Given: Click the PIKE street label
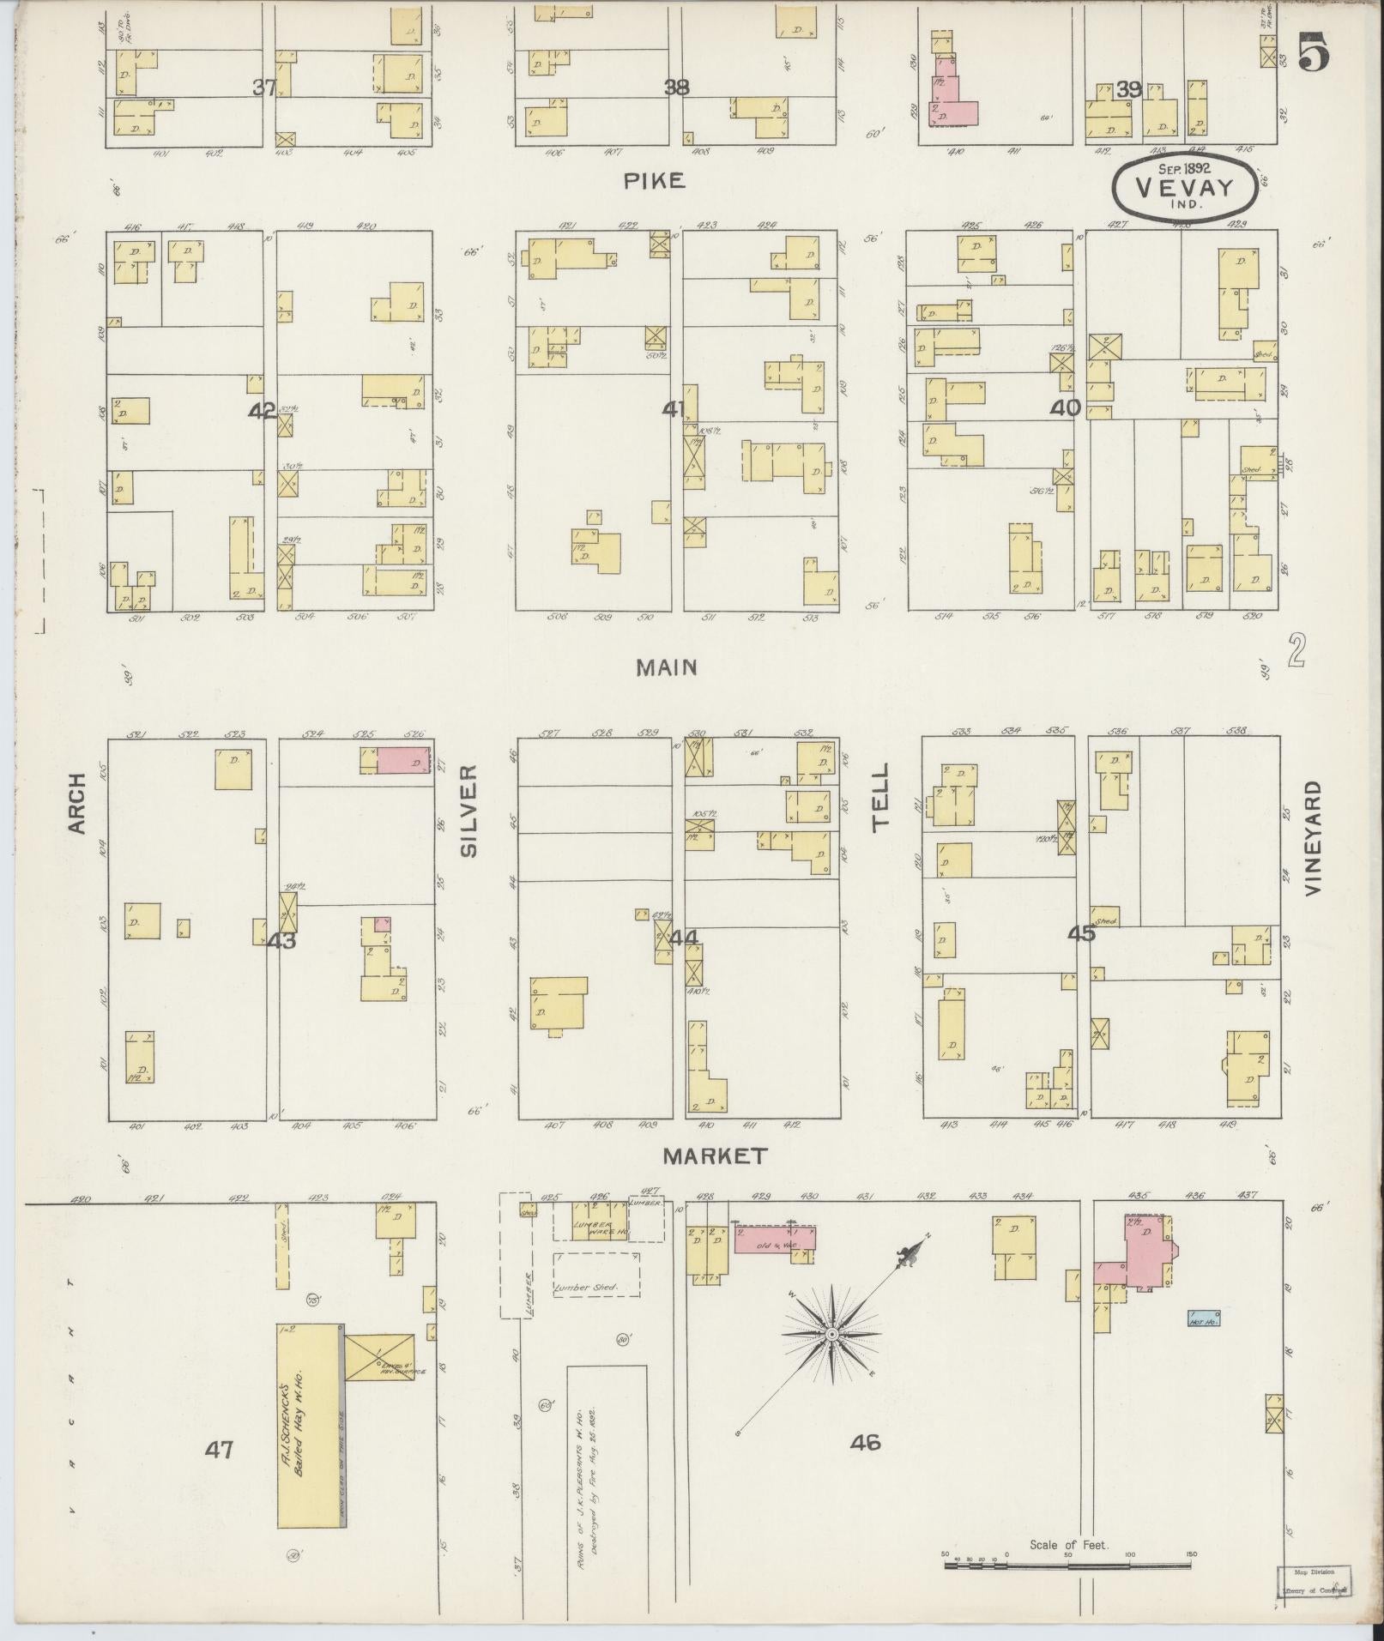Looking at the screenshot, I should [x=654, y=180].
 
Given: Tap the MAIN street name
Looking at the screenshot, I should [x=667, y=667].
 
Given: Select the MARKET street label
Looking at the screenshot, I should [x=715, y=1156].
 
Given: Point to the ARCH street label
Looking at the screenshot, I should [x=78, y=803].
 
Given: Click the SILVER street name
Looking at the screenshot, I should [x=468, y=811].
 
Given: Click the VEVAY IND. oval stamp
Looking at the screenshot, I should [x=1186, y=188].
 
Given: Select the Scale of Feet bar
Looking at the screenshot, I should [x=1067, y=1565].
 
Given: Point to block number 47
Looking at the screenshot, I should [x=219, y=1450].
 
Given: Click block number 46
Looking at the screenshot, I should [x=865, y=1443].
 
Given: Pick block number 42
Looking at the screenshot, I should [x=261, y=411].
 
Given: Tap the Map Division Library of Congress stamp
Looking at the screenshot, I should [x=1314, y=1579].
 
